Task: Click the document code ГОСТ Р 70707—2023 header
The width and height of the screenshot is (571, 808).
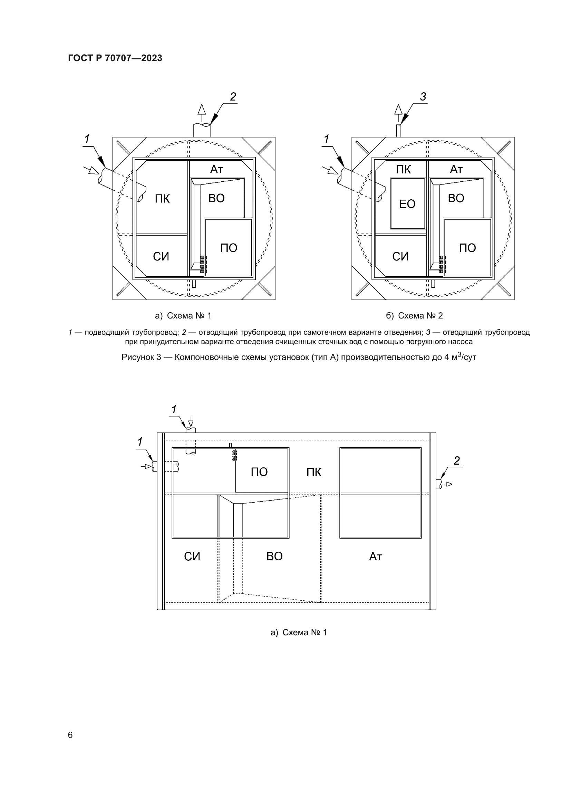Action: [115, 58]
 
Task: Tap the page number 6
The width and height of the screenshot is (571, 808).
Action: [70, 735]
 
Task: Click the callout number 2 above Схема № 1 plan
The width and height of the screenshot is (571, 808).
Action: [233, 97]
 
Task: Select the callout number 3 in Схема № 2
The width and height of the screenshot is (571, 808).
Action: [423, 97]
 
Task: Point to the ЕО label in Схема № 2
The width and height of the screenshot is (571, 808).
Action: [407, 204]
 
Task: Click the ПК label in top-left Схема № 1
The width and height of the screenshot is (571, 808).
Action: [162, 199]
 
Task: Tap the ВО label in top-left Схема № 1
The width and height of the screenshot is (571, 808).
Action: [216, 199]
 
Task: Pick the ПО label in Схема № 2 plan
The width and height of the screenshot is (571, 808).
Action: [467, 248]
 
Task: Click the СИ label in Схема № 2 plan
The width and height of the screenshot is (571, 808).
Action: [400, 257]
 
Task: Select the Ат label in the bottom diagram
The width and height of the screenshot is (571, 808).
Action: [375, 557]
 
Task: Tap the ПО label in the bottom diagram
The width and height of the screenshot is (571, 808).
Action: [259, 472]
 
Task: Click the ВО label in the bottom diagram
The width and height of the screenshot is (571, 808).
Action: [274, 556]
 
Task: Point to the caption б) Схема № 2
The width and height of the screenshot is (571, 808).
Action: [414, 316]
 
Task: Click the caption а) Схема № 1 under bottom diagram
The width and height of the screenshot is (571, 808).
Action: [299, 633]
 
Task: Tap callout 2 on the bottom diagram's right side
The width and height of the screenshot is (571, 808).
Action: [456, 461]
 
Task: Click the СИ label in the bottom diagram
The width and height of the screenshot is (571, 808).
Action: [192, 557]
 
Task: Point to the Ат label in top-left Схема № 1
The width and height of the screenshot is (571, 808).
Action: [216, 170]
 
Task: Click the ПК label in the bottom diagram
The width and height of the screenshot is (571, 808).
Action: [313, 472]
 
